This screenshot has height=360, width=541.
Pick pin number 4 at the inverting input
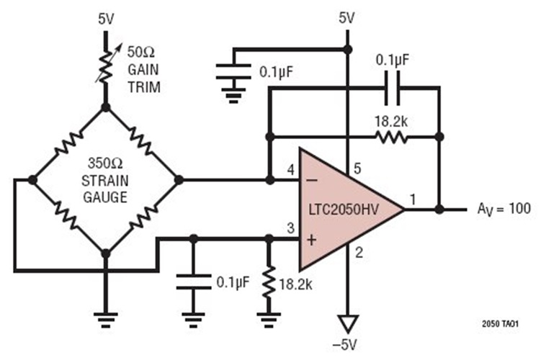(x=290, y=171)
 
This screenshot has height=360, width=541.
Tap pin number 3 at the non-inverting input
(x=290, y=229)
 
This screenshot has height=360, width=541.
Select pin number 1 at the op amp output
(x=413, y=198)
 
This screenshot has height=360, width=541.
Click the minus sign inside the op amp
(x=312, y=180)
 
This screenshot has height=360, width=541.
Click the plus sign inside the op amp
(x=312, y=239)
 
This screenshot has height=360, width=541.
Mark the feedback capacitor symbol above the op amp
(x=393, y=90)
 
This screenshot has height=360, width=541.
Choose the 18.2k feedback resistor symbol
(x=391, y=136)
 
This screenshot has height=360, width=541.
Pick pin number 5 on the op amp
(x=354, y=170)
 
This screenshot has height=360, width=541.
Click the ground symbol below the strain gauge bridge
(x=105, y=316)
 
